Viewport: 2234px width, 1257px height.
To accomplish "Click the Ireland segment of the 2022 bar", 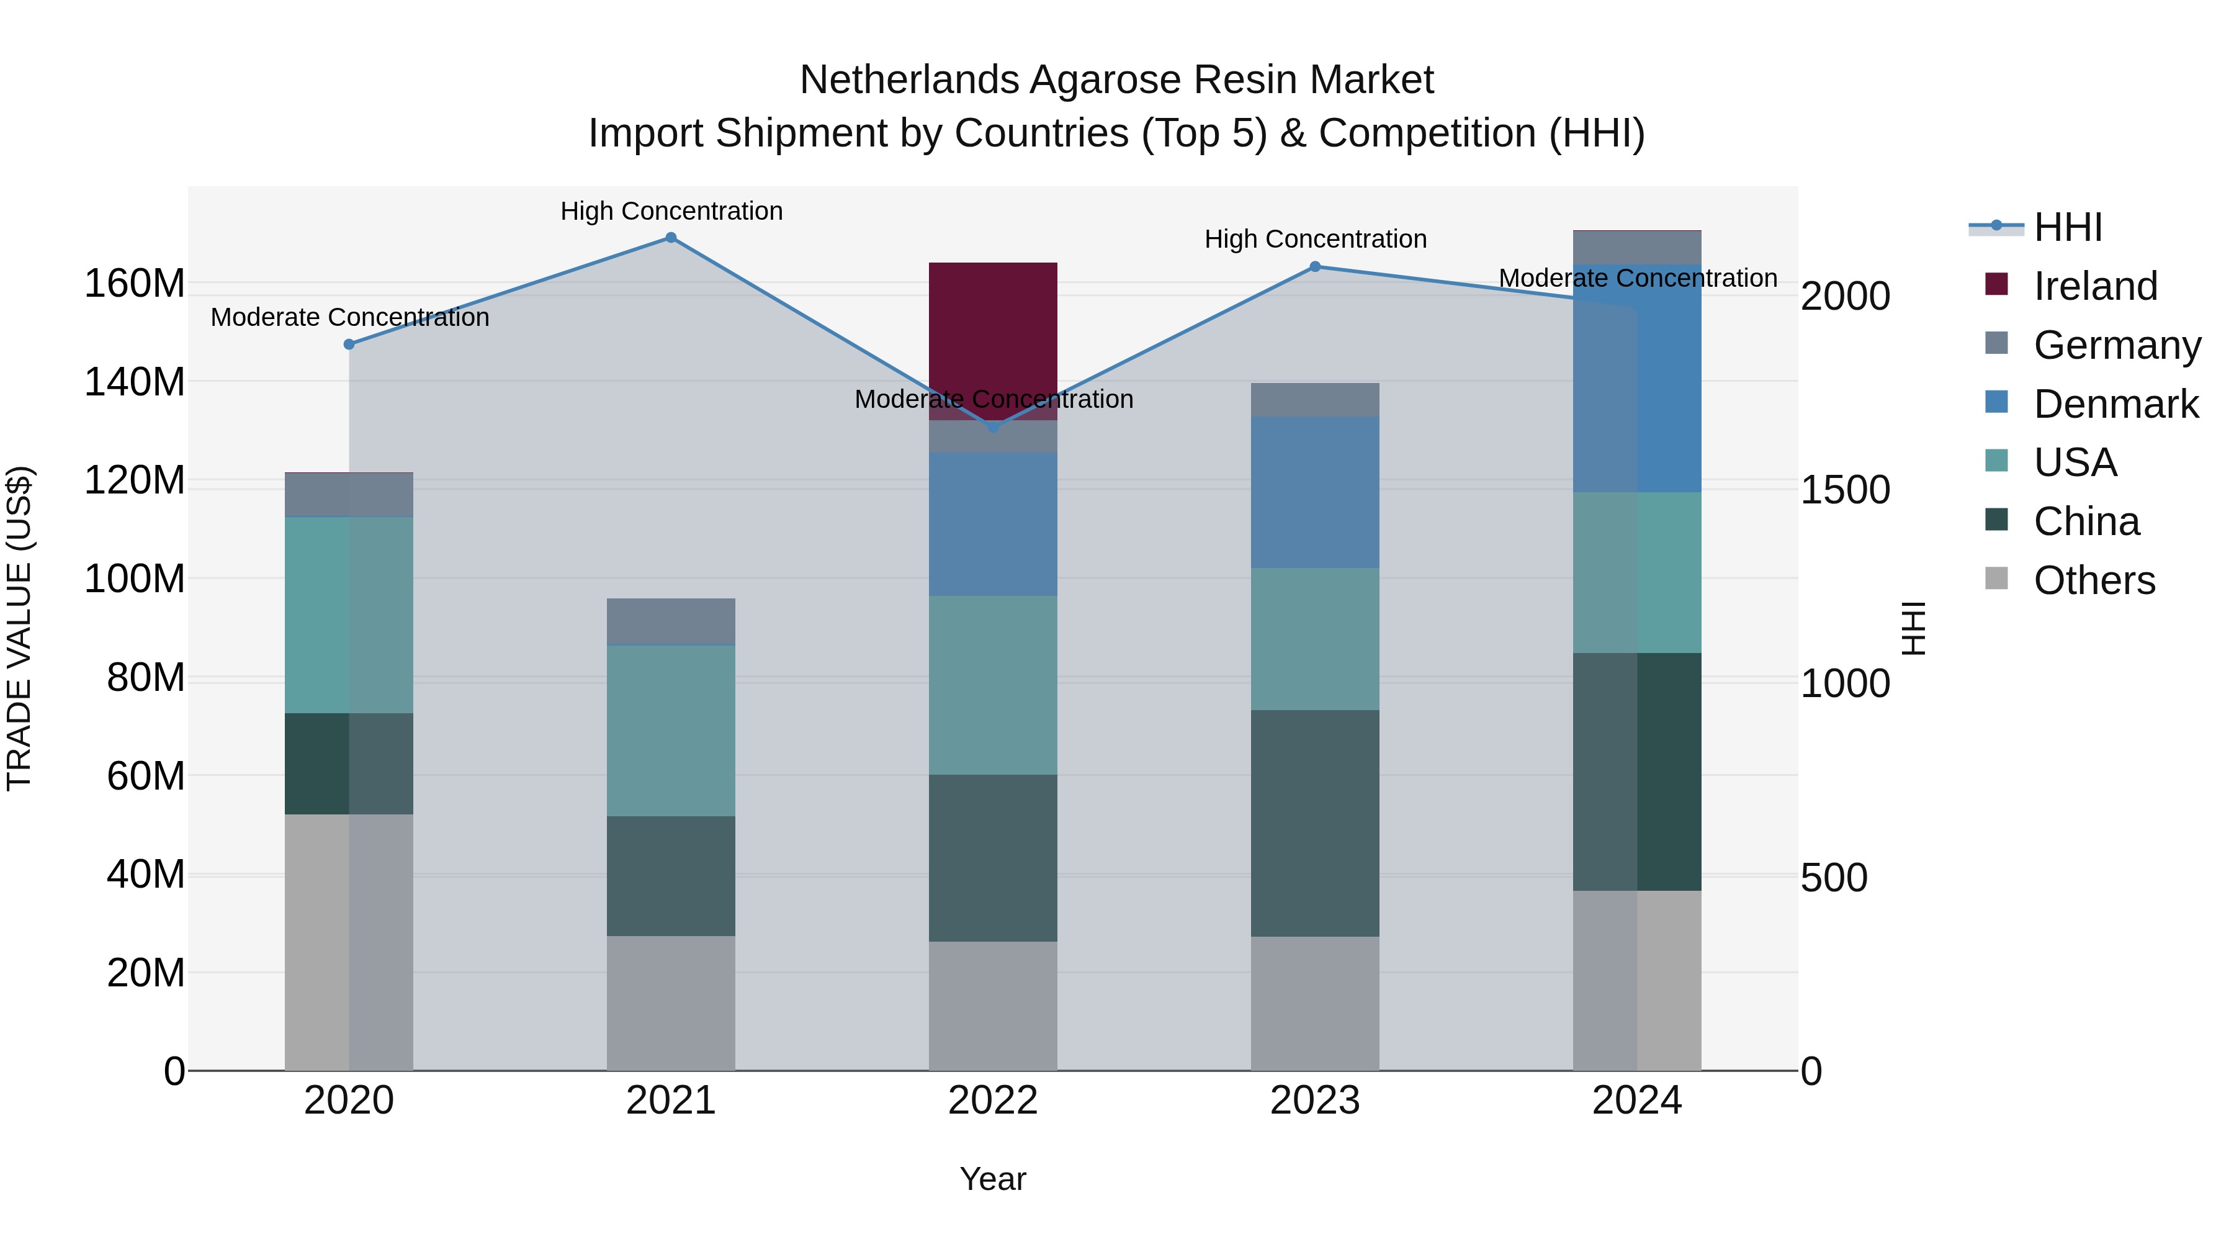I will tap(992, 330).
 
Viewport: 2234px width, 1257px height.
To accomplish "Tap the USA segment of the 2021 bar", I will tap(670, 731).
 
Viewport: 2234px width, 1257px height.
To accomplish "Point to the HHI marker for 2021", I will tap(670, 238).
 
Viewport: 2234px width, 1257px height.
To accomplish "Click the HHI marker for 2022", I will tap(993, 427).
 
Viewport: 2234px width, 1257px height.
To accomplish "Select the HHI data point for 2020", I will tap(349, 345).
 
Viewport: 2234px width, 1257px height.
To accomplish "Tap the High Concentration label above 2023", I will tap(1315, 240).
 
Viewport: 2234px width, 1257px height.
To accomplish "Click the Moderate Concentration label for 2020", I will tap(349, 317).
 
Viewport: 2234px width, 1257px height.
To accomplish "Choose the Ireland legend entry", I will tap(2094, 286).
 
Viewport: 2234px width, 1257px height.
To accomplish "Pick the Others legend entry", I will tap(2094, 580).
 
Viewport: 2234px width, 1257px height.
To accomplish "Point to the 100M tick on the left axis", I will tap(135, 579).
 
